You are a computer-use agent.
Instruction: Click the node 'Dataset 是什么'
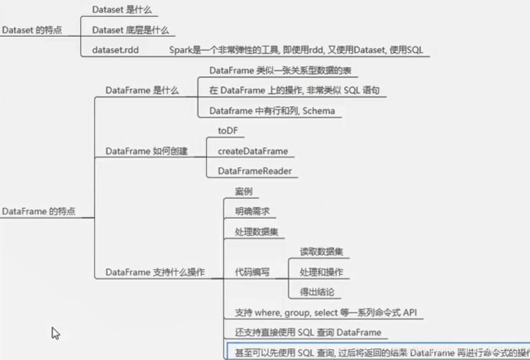coord(122,10)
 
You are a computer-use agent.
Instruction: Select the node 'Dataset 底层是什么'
coord(130,30)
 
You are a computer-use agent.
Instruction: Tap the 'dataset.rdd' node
coord(115,50)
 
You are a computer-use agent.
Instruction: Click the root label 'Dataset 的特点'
coord(32,30)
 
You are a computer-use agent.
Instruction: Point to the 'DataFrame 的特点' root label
coord(39,211)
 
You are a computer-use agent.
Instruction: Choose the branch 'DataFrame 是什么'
coord(142,90)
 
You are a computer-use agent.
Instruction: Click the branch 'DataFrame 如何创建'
coord(147,151)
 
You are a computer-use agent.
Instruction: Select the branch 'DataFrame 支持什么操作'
coord(155,272)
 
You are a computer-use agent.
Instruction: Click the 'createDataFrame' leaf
coord(253,151)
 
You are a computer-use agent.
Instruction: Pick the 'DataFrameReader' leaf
coord(255,171)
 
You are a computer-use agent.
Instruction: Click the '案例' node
coord(244,192)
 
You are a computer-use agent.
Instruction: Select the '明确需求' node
coord(252,212)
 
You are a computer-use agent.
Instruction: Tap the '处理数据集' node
coord(256,232)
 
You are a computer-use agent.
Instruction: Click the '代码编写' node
coord(253,272)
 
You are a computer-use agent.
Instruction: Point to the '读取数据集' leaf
coord(321,252)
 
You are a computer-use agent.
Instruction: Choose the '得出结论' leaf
coord(317,292)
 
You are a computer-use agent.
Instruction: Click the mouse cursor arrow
coord(55,332)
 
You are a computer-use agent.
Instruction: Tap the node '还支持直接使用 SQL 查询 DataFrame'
coord(308,332)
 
